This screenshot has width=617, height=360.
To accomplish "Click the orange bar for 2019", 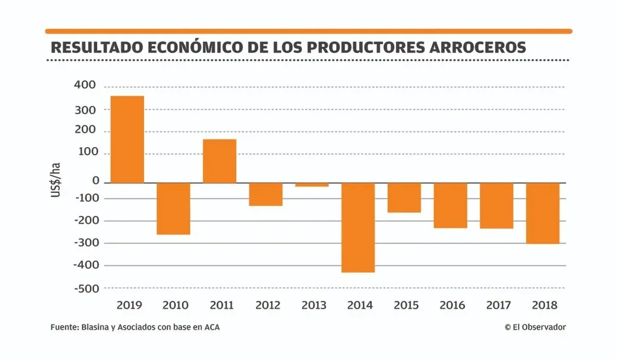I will [x=127, y=139].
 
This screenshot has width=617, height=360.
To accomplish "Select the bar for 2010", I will [x=174, y=208].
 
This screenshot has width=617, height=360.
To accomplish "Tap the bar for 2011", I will [x=219, y=161].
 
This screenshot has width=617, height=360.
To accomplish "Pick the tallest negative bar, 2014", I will [x=358, y=227].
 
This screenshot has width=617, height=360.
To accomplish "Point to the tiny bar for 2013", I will [x=312, y=185].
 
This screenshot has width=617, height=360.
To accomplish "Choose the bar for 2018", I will [x=542, y=213].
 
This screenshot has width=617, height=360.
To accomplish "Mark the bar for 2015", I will [x=404, y=197].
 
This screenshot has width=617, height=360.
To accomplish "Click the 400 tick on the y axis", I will [x=84, y=86].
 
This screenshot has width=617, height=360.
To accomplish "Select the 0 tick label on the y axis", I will [x=95, y=180].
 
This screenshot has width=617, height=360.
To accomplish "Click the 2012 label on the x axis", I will [x=268, y=305].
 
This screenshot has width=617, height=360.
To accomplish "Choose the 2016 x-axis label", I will [x=452, y=305].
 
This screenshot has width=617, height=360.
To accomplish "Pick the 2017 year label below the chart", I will [x=498, y=305].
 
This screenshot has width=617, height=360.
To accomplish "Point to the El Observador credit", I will [x=535, y=327].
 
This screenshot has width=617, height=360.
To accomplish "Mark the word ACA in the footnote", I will [x=211, y=327].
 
